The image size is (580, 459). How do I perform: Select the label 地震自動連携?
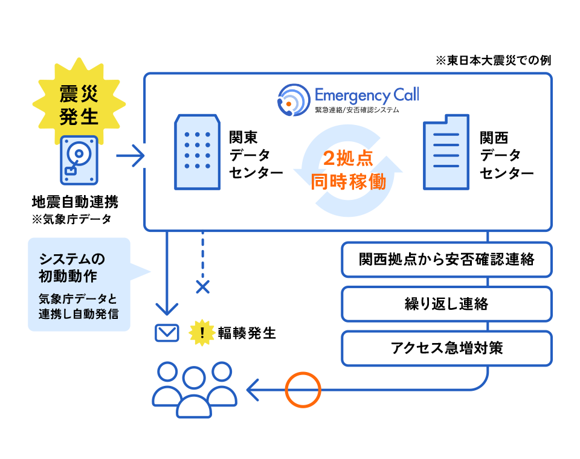[x=75, y=202]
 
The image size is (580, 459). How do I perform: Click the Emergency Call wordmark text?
[x=366, y=95]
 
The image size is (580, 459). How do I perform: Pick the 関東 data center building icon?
[x=197, y=152]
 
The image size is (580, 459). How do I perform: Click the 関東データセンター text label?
[x=256, y=156]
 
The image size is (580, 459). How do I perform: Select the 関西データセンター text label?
[x=506, y=156]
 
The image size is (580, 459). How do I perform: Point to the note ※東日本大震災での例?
[x=492, y=61]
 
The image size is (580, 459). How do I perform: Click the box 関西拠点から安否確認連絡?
[x=446, y=260]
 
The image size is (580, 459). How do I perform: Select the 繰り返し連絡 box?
[x=446, y=304]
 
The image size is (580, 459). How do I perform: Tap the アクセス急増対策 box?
[x=446, y=348]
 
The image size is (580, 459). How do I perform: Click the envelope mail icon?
[x=167, y=333]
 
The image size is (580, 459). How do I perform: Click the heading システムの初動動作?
[x=72, y=268]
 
